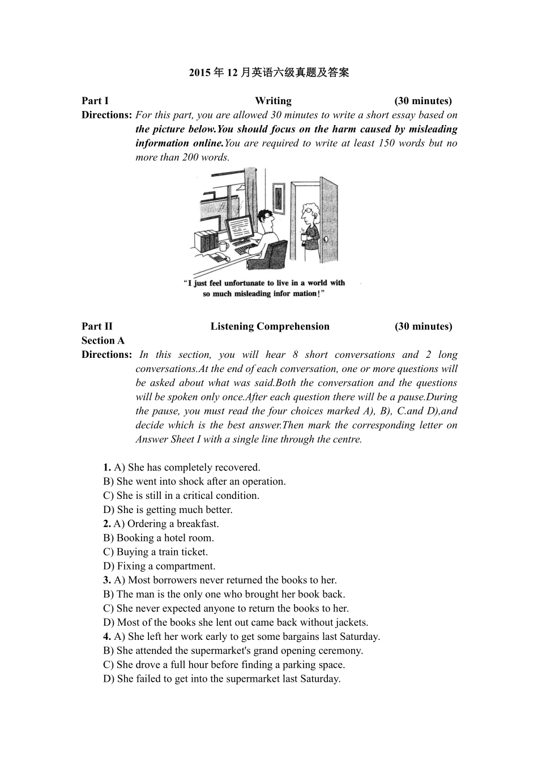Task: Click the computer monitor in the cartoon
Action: click(240, 228)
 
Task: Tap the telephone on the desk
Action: click(217, 258)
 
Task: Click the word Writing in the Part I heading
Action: click(273, 101)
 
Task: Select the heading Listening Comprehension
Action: click(270, 326)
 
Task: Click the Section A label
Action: click(103, 340)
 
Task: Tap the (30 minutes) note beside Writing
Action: click(423, 101)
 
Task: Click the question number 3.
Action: click(106, 580)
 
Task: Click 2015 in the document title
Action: click(199, 72)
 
